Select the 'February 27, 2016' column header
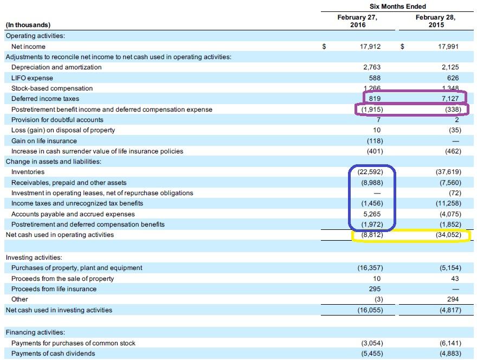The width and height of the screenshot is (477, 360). pos(357,21)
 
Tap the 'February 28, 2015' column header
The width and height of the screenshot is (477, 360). pos(435,21)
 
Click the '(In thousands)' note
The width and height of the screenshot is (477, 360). pos(28,25)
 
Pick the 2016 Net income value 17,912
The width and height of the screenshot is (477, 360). pos(370,47)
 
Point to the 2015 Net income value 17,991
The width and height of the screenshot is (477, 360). pos(448,47)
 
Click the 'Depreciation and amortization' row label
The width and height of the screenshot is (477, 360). pos(56,67)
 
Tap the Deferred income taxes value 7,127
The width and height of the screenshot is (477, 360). pos(450,99)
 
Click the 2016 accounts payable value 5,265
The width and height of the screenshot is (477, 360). pos(372,214)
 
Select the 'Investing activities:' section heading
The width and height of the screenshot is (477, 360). pos(34,258)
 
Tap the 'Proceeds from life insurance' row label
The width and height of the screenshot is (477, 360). pos(54,289)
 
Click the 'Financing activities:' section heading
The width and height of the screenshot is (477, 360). pos(35,332)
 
